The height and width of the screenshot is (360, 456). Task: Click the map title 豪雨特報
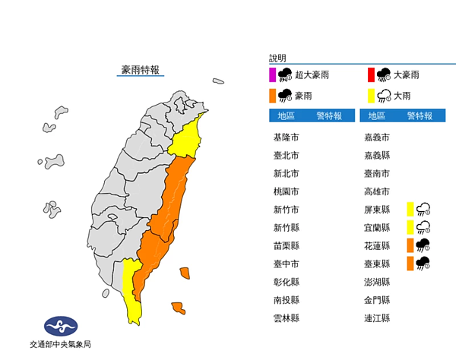pyautogui.click(x=141, y=70)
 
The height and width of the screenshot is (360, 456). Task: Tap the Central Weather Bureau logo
pyautogui.click(x=61, y=327)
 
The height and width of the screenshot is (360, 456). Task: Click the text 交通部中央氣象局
pyautogui.click(x=61, y=344)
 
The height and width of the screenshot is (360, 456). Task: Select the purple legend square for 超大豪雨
pyautogui.click(x=272, y=74)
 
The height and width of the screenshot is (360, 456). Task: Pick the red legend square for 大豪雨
pyautogui.click(x=371, y=74)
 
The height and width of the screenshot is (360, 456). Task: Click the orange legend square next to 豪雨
pyautogui.click(x=272, y=95)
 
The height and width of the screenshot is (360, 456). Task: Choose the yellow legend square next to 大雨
pyautogui.click(x=371, y=95)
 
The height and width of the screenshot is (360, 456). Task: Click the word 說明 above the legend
pyautogui.click(x=277, y=58)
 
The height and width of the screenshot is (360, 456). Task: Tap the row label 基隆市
pyautogui.click(x=286, y=137)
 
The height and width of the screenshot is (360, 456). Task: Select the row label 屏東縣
pyautogui.click(x=377, y=209)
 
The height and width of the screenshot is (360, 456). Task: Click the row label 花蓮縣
pyautogui.click(x=377, y=245)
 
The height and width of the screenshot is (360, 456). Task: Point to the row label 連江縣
pyautogui.click(x=377, y=318)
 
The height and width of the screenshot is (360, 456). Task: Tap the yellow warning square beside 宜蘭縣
pyautogui.click(x=410, y=227)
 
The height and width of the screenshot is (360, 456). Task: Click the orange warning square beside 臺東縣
pyautogui.click(x=410, y=264)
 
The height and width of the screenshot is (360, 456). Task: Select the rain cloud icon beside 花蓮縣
pyautogui.click(x=423, y=245)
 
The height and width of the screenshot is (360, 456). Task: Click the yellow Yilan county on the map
pyautogui.click(x=187, y=138)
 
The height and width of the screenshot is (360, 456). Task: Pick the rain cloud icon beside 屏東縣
pyautogui.click(x=423, y=209)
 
